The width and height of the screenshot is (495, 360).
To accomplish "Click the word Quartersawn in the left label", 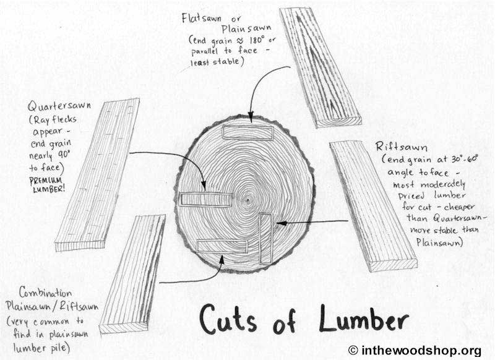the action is (x=59, y=106).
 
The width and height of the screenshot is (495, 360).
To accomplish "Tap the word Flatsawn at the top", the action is (x=202, y=18).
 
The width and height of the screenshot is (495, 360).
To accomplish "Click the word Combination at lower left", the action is (x=45, y=293).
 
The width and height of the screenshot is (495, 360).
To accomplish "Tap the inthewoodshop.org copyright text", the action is (x=415, y=351).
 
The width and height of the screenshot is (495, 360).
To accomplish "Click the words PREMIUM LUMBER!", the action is (x=46, y=185).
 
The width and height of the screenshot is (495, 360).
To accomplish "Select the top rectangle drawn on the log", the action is (x=247, y=132).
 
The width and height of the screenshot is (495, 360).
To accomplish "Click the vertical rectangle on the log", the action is (x=265, y=239).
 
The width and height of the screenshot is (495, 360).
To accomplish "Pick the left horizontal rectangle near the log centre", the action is (x=206, y=200).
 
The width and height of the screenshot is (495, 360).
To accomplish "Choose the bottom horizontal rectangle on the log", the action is (x=222, y=246).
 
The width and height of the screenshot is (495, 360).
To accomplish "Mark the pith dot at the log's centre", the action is (x=248, y=200).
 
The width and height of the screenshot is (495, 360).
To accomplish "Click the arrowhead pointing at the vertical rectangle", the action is (x=281, y=223).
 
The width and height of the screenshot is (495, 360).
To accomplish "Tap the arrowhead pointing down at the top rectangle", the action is (x=251, y=116).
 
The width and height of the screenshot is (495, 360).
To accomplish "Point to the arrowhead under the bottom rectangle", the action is (x=222, y=259).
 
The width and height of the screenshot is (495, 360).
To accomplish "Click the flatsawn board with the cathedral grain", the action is (x=320, y=67).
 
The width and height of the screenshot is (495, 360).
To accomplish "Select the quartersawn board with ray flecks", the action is (x=98, y=174).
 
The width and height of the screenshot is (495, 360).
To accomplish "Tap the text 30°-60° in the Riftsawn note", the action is (x=465, y=159).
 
